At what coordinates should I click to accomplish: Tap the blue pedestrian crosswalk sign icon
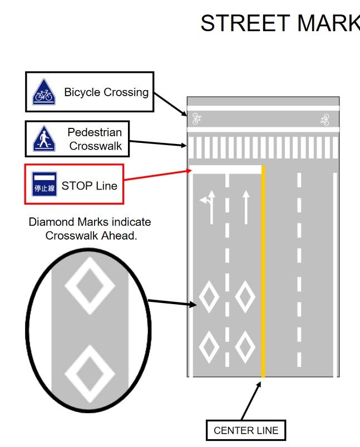pos(43,139)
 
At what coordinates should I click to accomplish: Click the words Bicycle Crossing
pos(106,92)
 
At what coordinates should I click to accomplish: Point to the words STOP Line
pos(89,186)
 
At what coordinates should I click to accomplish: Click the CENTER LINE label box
pos(245,430)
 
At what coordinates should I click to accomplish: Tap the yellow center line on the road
pos(263,278)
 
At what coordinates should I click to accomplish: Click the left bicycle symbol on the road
pos(196,118)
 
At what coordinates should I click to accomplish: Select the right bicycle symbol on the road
pos(325,119)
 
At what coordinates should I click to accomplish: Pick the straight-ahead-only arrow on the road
pos(245,207)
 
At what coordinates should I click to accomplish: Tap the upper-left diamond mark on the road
pos(209,297)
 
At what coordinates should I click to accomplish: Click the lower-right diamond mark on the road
pos(245,346)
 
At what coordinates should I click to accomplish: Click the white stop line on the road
pos(225,168)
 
